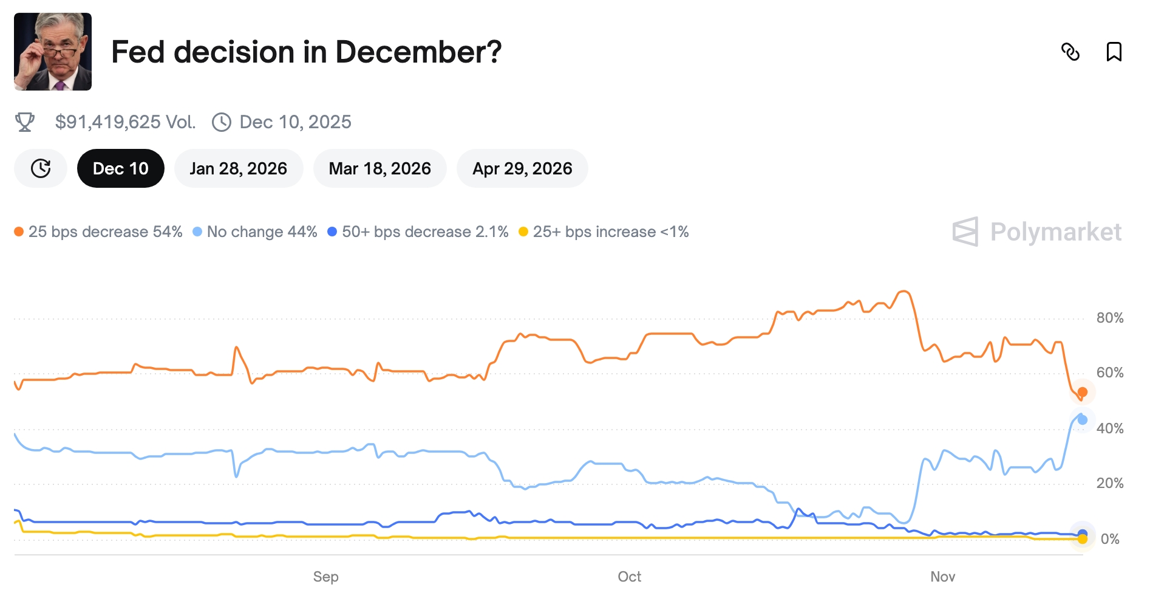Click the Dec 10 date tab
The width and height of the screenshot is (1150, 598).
pos(120,168)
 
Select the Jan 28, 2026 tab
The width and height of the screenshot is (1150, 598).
pos(238,168)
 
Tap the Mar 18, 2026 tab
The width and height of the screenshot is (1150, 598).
pos(379,168)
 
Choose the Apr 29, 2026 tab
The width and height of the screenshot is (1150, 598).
pos(522,168)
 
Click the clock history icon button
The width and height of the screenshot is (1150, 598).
pos(41,168)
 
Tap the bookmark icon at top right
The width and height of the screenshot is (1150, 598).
pos(1114,52)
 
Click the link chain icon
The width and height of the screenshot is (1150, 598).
pos(1070,52)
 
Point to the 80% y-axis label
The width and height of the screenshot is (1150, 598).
pos(1109,318)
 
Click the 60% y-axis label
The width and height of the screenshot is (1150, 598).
pos(1109,373)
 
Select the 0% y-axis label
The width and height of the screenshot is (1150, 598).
pos(1109,539)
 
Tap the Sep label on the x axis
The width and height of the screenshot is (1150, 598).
pos(325,577)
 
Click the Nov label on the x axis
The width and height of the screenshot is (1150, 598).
pos(942,577)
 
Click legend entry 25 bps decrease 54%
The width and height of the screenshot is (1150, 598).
pos(98,232)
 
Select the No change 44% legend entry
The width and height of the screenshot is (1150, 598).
pos(255,232)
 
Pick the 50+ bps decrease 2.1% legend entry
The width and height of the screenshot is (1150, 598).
pos(418,232)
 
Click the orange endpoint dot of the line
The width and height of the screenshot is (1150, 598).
pos(1082,392)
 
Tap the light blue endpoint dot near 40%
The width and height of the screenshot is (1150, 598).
pos(1082,420)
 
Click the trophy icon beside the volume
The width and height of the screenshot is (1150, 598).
pos(25,122)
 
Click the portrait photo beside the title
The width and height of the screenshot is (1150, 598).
pos(53,52)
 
